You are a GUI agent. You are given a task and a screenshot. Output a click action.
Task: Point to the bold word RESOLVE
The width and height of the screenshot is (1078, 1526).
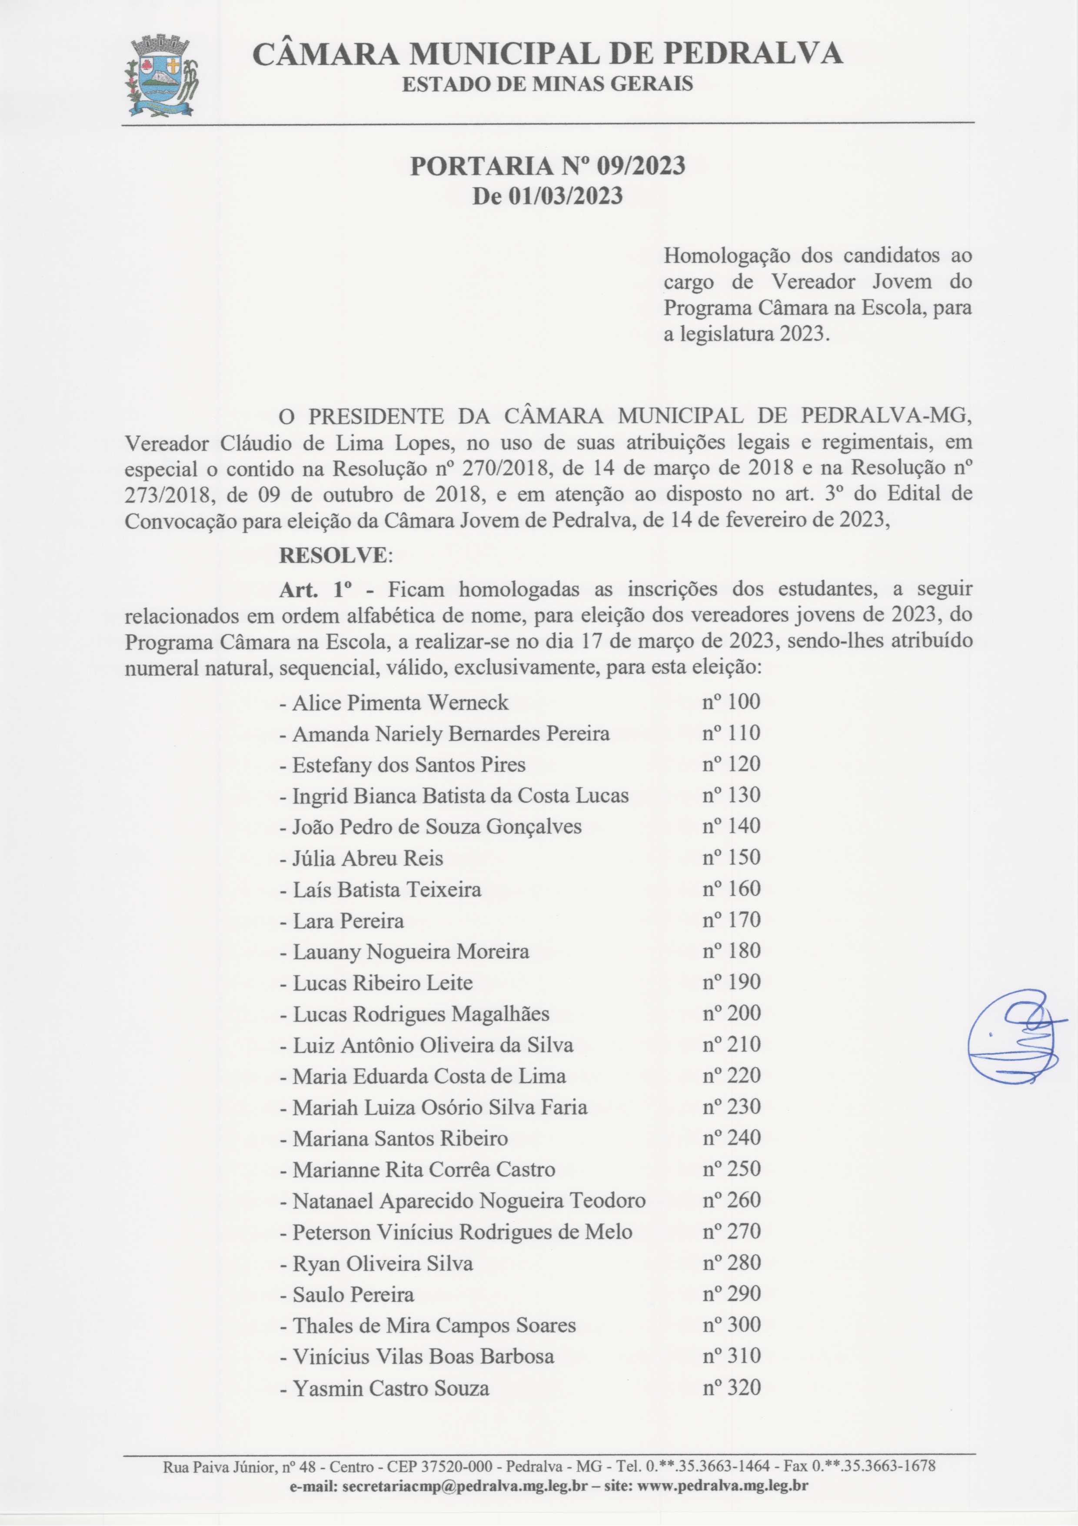tap(332, 555)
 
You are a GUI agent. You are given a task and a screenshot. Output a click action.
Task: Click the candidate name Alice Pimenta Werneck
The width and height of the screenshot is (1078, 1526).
tap(400, 703)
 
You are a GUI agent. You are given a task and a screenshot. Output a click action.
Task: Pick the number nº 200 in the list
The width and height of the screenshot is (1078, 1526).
tap(731, 1014)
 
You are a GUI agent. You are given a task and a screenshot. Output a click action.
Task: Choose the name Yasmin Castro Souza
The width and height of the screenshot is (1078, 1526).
tap(391, 1389)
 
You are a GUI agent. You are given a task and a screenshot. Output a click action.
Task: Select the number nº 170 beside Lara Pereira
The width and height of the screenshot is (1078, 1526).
tap(731, 920)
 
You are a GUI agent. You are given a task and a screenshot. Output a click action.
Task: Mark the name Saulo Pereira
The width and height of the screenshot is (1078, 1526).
tap(353, 1295)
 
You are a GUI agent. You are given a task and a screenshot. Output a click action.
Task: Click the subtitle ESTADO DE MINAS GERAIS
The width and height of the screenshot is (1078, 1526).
tap(548, 84)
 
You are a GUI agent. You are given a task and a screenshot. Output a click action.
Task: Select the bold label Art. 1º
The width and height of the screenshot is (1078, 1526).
tap(316, 589)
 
